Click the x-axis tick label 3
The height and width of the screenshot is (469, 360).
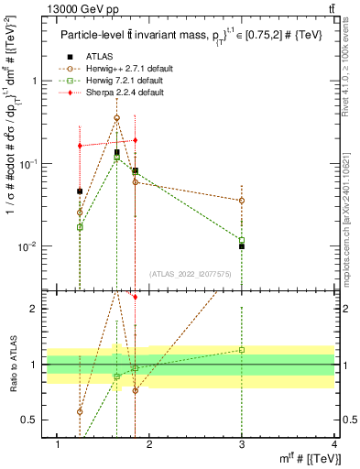point(241,444)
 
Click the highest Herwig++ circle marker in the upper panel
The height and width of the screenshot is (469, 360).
point(116,118)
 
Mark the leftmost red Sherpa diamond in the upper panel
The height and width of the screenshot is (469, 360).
point(80,146)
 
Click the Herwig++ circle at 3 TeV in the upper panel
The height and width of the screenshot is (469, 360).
point(241,200)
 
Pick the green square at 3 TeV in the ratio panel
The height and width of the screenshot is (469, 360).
point(241,350)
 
